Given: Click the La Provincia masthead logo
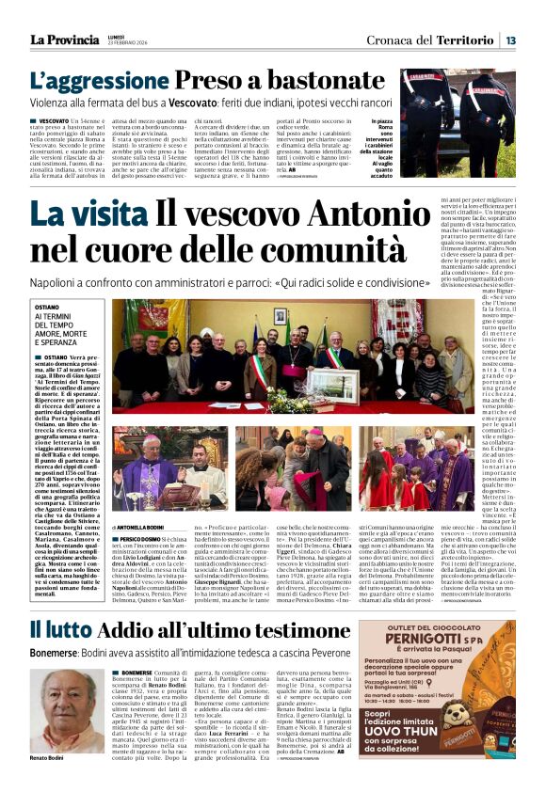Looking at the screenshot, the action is click(65, 39).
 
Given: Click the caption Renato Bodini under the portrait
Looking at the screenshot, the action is click(49, 756).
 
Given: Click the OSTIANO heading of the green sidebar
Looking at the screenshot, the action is click(48, 307).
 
